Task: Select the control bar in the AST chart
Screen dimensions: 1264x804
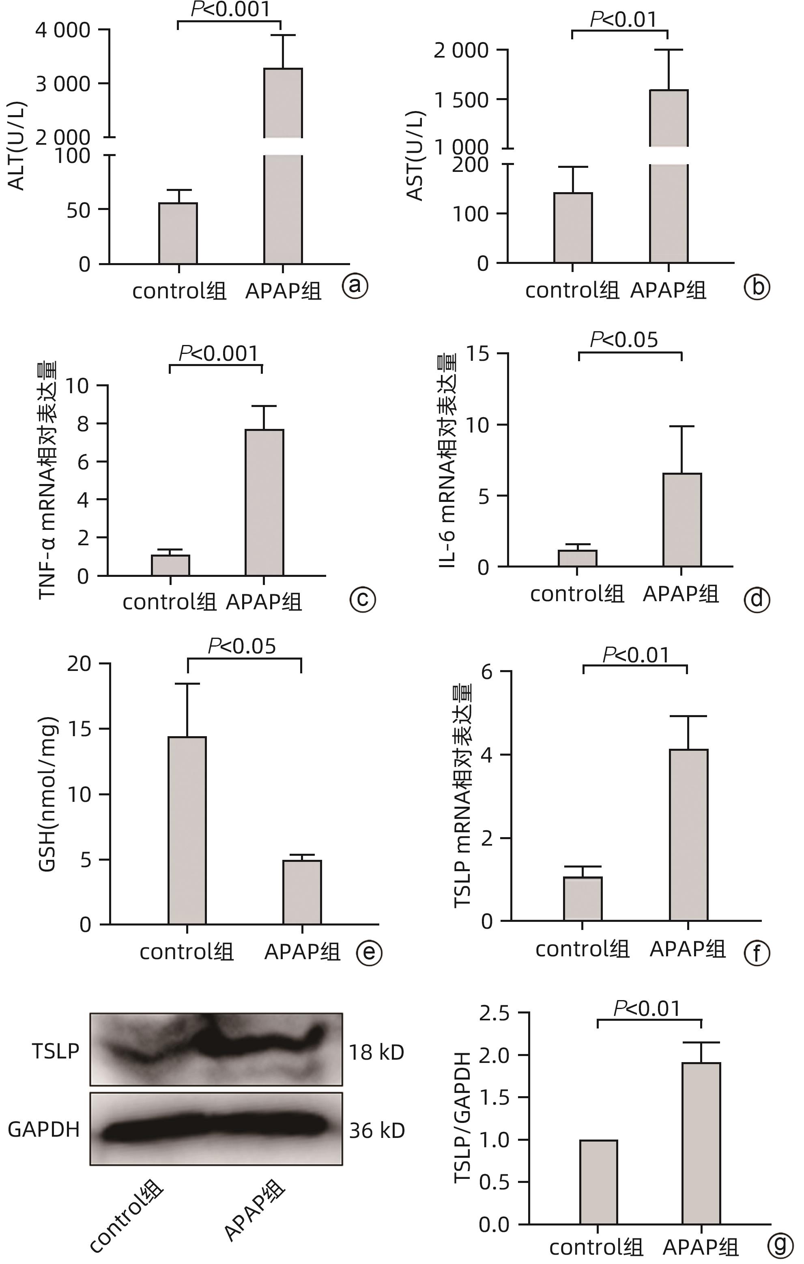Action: pos(573,228)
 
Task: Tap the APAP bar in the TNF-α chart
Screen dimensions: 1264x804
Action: pos(264,502)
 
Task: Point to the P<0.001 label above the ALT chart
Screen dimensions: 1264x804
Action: pos(230,9)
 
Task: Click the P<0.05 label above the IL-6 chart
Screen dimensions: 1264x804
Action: pos(624,340)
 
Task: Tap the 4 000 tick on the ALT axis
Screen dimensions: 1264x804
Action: pos(63,30)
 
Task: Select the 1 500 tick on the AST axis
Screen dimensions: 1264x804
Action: pos(462,100)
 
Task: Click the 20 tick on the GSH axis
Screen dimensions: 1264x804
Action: pos(79,664)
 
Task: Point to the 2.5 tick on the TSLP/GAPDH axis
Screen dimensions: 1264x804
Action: pos(494,1013)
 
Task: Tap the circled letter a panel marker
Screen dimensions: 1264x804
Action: pos(355,286)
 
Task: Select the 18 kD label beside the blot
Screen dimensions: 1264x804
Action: pos(376,1052)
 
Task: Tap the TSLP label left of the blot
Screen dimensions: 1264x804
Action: pos(56,1051)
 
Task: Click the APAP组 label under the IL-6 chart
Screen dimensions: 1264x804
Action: pos(681,593)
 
